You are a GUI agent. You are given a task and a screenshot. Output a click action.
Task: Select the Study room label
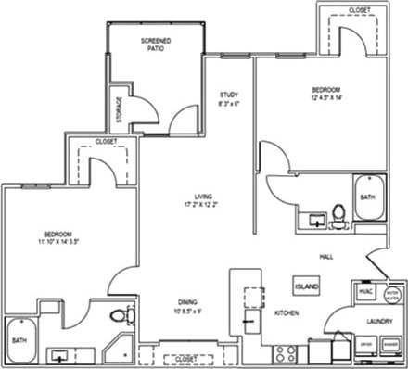click(x=229, y=95)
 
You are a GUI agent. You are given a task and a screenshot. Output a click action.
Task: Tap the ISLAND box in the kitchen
click(x=307, y=287)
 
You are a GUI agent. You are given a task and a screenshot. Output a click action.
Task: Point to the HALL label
click(x=326, y=257)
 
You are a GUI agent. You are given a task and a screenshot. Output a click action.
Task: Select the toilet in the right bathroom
click(x=339, y=213)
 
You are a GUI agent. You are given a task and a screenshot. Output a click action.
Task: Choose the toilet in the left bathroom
click(x=118, y=316)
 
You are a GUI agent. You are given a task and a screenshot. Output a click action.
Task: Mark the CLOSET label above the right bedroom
click(x=360, y=9)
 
